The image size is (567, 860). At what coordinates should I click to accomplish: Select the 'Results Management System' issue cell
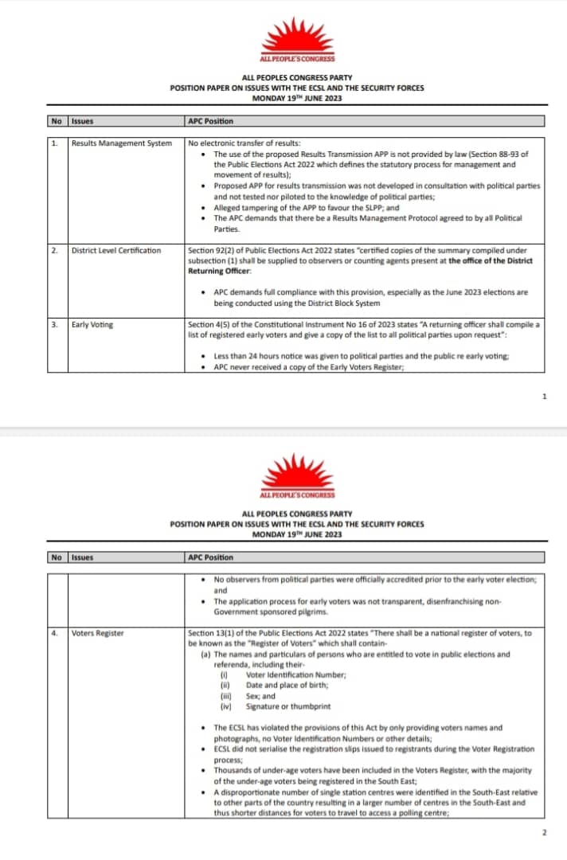click(121, 143)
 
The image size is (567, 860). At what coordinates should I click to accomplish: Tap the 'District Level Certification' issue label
click(115, 251)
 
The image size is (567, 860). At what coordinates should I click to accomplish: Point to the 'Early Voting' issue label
click(92, 325)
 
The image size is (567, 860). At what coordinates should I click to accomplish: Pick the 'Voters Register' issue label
click(97, 634)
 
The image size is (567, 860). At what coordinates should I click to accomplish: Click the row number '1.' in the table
click(55, 143)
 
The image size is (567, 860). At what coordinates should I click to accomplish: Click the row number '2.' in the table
click(55, 251)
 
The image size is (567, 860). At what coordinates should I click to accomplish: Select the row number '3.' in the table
click(55, 325)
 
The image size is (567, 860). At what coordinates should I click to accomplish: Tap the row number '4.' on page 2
click(55, 634)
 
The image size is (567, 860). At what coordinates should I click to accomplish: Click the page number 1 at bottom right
click(544, 396)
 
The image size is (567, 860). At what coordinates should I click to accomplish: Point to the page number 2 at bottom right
click(544, 832)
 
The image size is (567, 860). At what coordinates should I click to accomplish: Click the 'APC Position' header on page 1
click(210, 122)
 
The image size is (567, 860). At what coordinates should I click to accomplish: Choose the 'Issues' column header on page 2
click(82, 557)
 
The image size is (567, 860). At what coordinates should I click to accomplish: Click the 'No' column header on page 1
click(56, 122)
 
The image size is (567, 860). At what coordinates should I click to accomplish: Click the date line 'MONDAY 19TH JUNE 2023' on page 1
click(296, 99)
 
